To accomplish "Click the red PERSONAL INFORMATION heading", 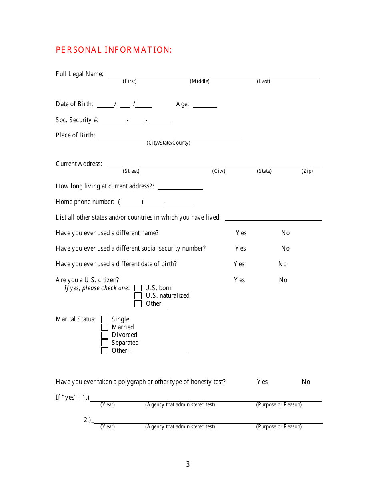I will pos(114,50).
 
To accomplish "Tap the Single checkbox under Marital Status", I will pos(105,319).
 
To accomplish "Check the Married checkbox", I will pos(105,327).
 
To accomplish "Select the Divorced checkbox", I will pos(105,335).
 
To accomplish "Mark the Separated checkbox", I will pos(105,343).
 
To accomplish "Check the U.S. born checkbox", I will pos(138,288).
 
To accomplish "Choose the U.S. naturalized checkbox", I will pos(138,296).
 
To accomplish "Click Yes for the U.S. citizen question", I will pos(239,280).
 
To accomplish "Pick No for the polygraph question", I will pos(306,382).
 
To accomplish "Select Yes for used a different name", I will pos(241,233).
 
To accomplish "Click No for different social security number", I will pos(285,249).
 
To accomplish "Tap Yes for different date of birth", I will pos(239,264).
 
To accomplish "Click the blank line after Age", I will pos(205,105).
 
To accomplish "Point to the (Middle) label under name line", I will pos(200,81).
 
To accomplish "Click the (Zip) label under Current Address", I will pos(307,171).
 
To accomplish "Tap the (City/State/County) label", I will pos(168,143).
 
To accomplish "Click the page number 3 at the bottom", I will pos(188,464).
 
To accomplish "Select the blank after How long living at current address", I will pos(180,187).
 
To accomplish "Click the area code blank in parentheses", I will pos(131,202).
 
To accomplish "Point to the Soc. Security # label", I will pos(77,120).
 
